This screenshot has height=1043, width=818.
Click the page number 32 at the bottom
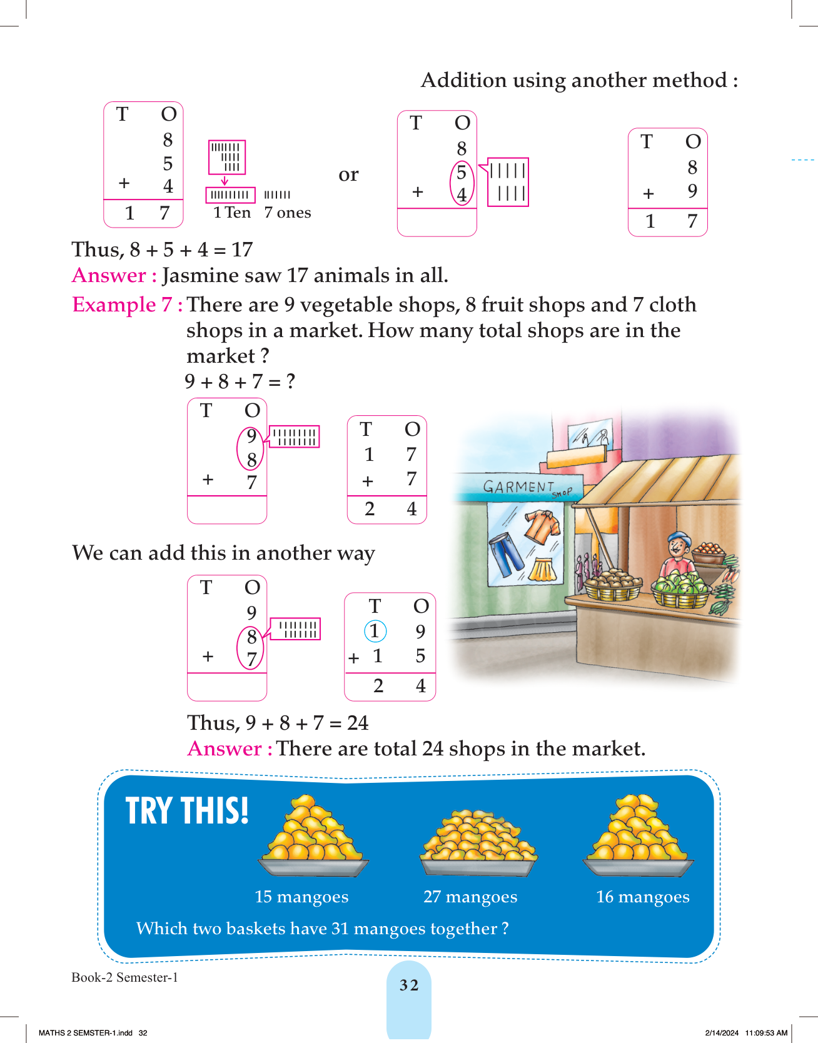coord(409,985)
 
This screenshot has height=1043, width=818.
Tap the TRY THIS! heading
coord(187,811)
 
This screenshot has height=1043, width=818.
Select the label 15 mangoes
coord(301,897)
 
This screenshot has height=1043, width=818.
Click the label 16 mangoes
coord(643,897)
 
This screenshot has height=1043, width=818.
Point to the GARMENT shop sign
coord(519,486)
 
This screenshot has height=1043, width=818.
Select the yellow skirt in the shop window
coord(543,569)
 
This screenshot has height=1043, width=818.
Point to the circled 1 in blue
coord(375,631)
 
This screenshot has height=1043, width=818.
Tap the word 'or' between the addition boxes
coord(348,174)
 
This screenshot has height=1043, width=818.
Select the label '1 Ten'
coord(231,213)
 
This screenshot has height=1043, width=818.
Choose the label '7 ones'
coord(287,213)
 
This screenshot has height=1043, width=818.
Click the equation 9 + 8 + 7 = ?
coord(240,381)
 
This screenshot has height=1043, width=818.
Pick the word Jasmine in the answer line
coord(200,275)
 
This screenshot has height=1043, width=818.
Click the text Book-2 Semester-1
coord(124,977)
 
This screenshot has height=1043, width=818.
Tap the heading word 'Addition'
coord(463,80)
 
